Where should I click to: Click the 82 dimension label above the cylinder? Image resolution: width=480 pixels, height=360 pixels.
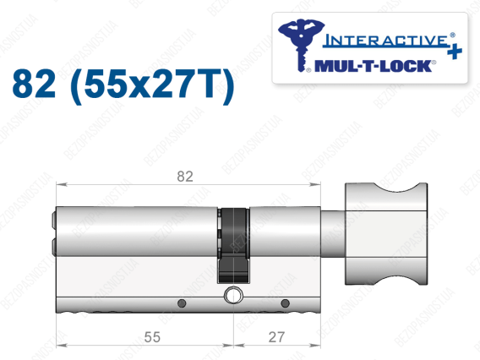click(185, 177)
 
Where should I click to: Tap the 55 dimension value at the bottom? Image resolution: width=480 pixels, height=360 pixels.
click(152, 337)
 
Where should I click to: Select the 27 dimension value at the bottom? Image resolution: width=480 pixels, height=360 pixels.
click(276, 337)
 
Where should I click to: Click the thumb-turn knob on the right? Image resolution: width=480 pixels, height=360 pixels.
click(386, 234)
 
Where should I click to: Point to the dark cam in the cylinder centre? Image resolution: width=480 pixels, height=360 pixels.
click(233, 246)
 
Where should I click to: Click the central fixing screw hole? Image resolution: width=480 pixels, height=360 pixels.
click(233, 296)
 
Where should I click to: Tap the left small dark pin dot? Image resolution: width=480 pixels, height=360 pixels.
click(182, 303)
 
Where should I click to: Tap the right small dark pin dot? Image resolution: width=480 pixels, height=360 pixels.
click(285, 303)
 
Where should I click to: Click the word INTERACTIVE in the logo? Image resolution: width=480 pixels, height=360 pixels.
click(386, 41)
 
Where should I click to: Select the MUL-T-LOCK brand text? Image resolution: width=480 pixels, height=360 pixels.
click(374, 66)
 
